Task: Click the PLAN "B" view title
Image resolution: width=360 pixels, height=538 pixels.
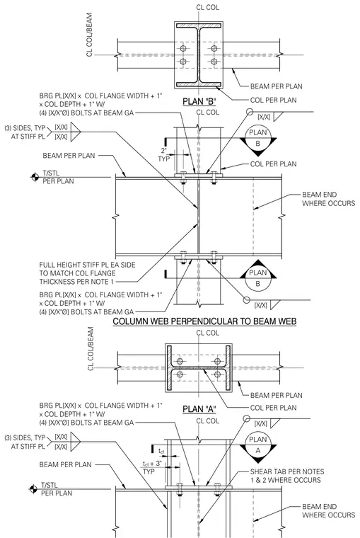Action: [x=199, y=101]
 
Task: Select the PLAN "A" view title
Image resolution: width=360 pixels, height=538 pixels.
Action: [x=199, y=409]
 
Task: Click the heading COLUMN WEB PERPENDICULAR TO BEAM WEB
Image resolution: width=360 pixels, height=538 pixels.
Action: [x=204, y=321]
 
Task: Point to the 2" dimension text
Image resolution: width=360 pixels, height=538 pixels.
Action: [x=163, y=150]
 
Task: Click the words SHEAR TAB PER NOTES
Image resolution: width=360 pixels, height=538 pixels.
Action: [x=287, y=471]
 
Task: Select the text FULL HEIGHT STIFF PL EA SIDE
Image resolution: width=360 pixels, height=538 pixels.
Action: [x=87, y=265]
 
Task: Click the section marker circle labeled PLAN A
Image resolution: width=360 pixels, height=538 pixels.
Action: [x=258, y=445]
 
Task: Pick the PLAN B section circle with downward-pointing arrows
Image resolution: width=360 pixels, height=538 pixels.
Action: [x=258, y=138]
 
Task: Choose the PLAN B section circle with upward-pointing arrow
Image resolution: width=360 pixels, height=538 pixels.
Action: [x=258, y=278]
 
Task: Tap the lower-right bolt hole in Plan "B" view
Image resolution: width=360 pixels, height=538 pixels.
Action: [x=214, y=62]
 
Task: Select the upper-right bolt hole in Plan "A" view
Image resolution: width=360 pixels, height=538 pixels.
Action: [x=217, y=361]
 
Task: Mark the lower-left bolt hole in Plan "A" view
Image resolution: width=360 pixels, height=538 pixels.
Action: [x=180, y=374]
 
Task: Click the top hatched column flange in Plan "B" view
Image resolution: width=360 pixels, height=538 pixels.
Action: [x=199, y=25]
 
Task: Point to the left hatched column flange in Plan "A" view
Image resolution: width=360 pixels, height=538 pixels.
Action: [x=169, y=368]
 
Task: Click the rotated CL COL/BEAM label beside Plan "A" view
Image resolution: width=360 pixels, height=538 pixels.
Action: [x=91, y=348]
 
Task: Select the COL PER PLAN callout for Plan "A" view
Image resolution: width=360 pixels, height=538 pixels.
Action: [x=273, y=408]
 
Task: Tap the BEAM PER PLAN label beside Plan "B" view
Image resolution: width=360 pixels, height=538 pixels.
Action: [x=277, y=86]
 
